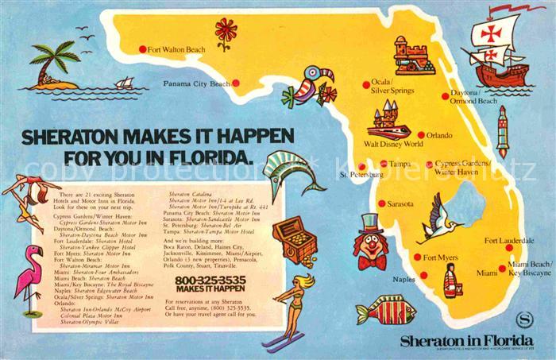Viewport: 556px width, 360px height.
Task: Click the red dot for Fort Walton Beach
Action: (x=143, y=49)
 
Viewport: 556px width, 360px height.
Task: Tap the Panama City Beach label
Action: (x=196, y=83)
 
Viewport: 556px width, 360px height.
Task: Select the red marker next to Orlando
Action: (x=421, y=135)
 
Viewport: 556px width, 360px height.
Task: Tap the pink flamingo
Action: (x=31, y=278)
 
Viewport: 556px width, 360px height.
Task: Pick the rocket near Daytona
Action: (x=502, y=132)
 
